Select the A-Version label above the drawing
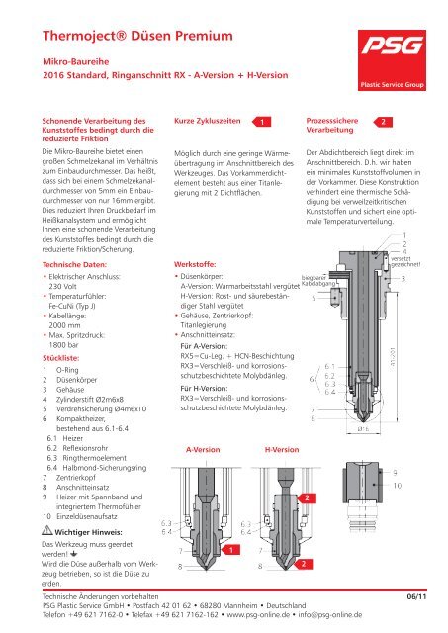[x=203, y=448]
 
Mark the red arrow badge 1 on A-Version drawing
[x=228, y=549]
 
